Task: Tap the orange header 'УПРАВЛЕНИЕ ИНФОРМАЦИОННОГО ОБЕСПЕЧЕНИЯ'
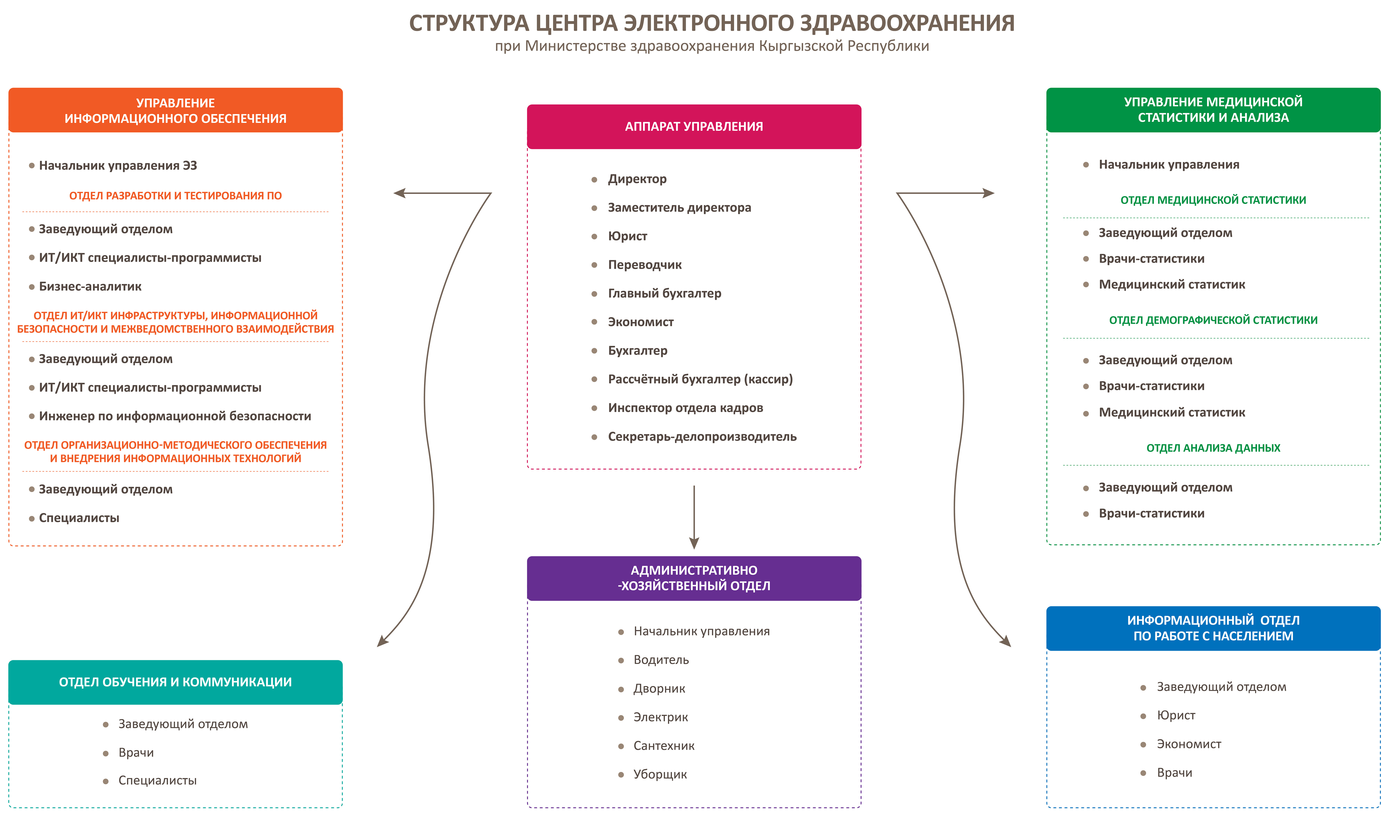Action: tap(175, 110)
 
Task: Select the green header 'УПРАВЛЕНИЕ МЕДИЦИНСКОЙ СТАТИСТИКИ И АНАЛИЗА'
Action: tap(1213, 109)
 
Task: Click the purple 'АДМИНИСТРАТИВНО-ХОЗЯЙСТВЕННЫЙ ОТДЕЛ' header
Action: tap(694, 578)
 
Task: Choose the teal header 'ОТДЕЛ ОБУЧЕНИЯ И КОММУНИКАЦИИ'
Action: tap(175, 682)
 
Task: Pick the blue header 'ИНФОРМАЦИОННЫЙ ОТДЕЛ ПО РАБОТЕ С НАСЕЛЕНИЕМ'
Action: tap(1213, 628)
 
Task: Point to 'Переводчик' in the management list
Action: tap(645, 265)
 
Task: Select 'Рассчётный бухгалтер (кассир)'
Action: tap(700, 380)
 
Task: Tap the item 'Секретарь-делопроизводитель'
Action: tap(702, 437)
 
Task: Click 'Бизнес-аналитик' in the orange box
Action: tap(90, 287)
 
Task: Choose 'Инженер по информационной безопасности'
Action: tap(175, 416)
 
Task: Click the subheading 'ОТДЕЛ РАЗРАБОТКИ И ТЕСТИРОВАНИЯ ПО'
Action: tap(175, 196)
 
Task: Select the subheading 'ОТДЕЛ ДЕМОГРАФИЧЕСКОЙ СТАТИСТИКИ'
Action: tap(1213, 320)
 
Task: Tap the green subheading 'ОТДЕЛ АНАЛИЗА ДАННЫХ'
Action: tap(1213, 448)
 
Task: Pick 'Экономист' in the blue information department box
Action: tap(1189, 744)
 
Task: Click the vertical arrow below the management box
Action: tap(694, 517)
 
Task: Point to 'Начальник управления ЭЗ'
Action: tap(118, 165)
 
